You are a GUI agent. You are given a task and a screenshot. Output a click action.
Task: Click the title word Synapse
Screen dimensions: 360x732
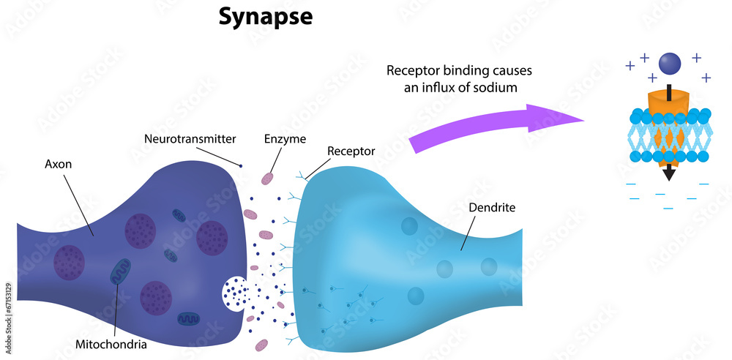265,18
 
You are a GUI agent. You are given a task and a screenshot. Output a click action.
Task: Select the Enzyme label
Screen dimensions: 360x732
285,138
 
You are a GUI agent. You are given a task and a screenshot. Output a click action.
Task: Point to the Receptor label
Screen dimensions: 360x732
351,151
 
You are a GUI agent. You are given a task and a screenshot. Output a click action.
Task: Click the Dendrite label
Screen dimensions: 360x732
492,208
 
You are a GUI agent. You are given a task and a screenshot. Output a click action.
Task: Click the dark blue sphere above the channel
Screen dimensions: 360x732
669,64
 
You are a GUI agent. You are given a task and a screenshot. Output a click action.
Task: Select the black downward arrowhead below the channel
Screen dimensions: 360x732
669,174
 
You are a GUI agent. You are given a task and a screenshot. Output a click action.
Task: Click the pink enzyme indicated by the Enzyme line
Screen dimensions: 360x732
268,178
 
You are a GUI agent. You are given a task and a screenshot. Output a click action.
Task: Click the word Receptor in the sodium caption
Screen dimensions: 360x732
415,71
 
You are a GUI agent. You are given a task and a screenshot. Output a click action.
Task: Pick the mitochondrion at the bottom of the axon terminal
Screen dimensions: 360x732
188,319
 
